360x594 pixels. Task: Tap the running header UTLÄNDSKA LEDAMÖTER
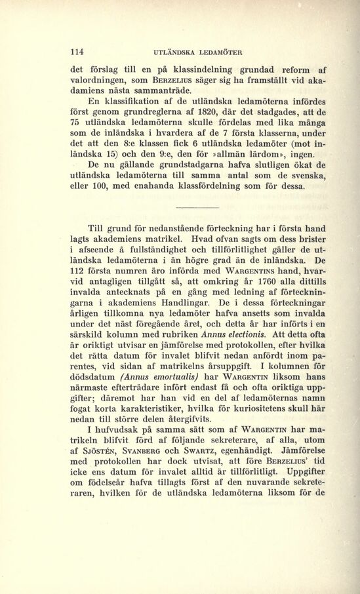pos(198,52)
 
